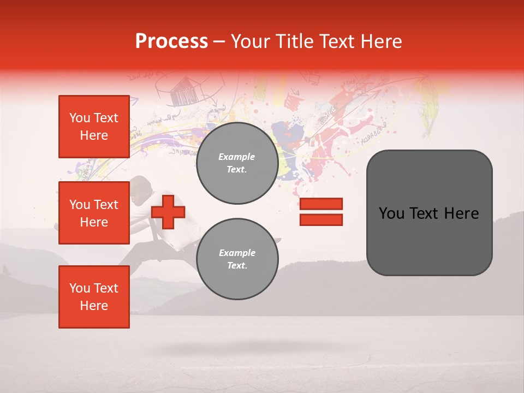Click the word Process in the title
coord(171,41)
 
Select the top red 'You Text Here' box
coord(94,127)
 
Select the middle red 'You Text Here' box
coord(94,213)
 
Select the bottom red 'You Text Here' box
coord(94,297)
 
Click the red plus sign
coord(168,212)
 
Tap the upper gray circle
coord(237,163)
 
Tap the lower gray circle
coord(237,259)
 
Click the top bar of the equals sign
coord(321,204)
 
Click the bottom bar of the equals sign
coord(321,219)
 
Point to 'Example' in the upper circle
coord(236,157)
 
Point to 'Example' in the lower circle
coord(237,253)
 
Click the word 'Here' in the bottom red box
coord(94,306)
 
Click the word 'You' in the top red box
coord(80,118)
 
